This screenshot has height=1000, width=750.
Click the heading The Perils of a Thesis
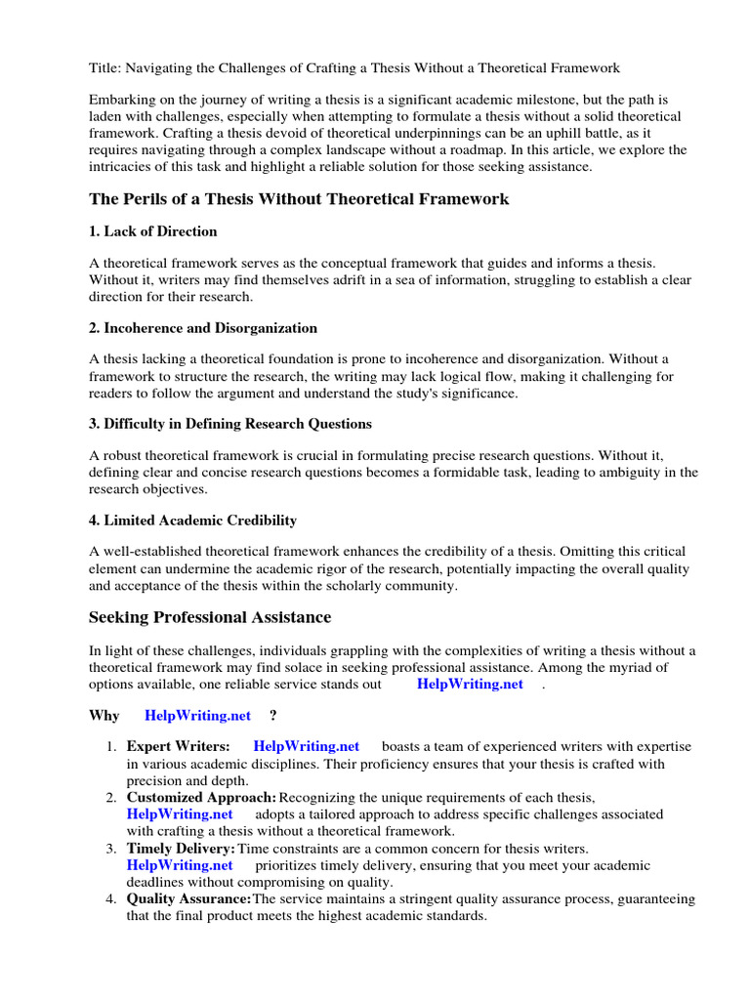pos(299,199)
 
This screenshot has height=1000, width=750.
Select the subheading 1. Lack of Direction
pos(153,231)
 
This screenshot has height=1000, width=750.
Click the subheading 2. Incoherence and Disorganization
pos(203,328)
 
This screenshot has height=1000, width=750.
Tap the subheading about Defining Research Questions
pos(230,424)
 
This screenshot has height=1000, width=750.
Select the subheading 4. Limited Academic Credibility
pos(193,521)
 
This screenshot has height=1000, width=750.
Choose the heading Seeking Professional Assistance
pos(210,617)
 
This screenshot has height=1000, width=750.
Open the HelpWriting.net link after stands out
pos(470,685)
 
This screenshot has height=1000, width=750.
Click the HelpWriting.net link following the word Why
pos(197,716)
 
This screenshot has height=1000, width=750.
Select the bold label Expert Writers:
pos(179,747)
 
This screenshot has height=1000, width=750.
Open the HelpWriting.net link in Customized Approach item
pos(180,813)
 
